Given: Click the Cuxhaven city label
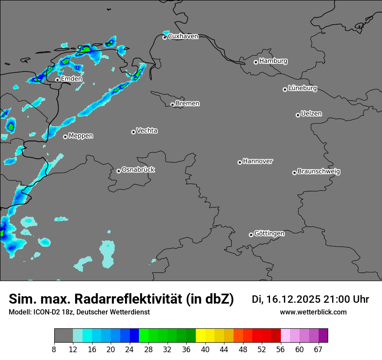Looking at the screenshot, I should pyautogui.click(x=183, y=36).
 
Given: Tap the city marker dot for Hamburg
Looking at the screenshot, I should pyautogui.click(x=256, y=62).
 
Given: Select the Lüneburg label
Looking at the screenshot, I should pyautogui.click(x=303, y=88).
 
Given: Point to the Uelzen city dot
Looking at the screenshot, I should pyautogui.click(x=298, y=115).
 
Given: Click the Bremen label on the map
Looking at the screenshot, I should pyautogui.click(x=188, y=104).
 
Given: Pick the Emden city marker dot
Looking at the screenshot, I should pyautogui.click(x=57, y=80).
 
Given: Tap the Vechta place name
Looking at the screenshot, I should pyautogui.click(x=147, y=131).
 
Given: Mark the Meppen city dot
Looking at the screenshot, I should pyautogui.click(x=65, y=137).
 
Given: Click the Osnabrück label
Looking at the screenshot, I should pyautogui.click(x=138, y=170).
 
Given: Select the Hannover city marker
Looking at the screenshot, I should pyautogui.click(x=240, y=163).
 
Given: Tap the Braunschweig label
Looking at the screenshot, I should pyautogui.click(x=319, y=172).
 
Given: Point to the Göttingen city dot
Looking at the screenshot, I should pyautogui.click(x=251, y=235).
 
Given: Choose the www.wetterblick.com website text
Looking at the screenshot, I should pyautogui.click(x=313, y=312).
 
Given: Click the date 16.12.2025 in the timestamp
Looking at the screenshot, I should pyautogui.click(x=294, y=299).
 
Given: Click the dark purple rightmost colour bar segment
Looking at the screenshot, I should pyautogui.click(x=323, y=335).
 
